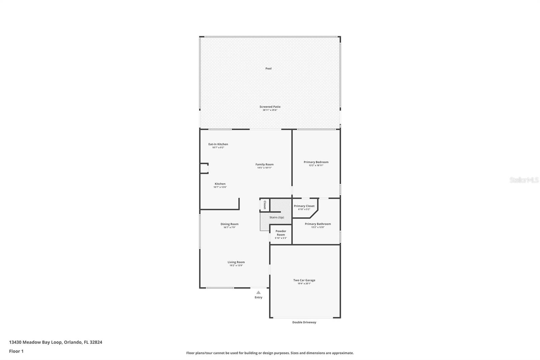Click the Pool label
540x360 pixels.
[x=268, y=69]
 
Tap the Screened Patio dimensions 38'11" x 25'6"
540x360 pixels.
[x=270, y=110]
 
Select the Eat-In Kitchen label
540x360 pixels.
[x=218, y=144]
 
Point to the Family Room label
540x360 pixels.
[x=264, y=164]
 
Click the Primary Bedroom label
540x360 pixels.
[x=316, y=162]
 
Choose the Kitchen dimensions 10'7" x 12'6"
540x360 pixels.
[x=220, y=187]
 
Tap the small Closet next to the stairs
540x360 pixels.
[x=265, y=205]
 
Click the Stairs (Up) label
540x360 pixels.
[x=276, y=217]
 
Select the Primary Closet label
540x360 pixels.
[x=304, y=206]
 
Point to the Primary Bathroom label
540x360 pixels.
[x=318, y=224]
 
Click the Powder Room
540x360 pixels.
[x=281, y=233]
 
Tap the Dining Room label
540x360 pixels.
[x=230, y=224]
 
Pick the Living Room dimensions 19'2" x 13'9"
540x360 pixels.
[x=236, y=265]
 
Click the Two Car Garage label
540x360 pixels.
[x=304, y=280]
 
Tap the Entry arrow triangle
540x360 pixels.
[x=258, y=292]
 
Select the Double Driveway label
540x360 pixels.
[x=304, y=322]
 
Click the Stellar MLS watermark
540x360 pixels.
[x=524, y=180]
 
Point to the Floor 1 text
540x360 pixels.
[x=16, y=351]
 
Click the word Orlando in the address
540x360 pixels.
[x=72, y=342]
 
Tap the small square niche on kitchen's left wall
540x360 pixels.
[x=204, y=168]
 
